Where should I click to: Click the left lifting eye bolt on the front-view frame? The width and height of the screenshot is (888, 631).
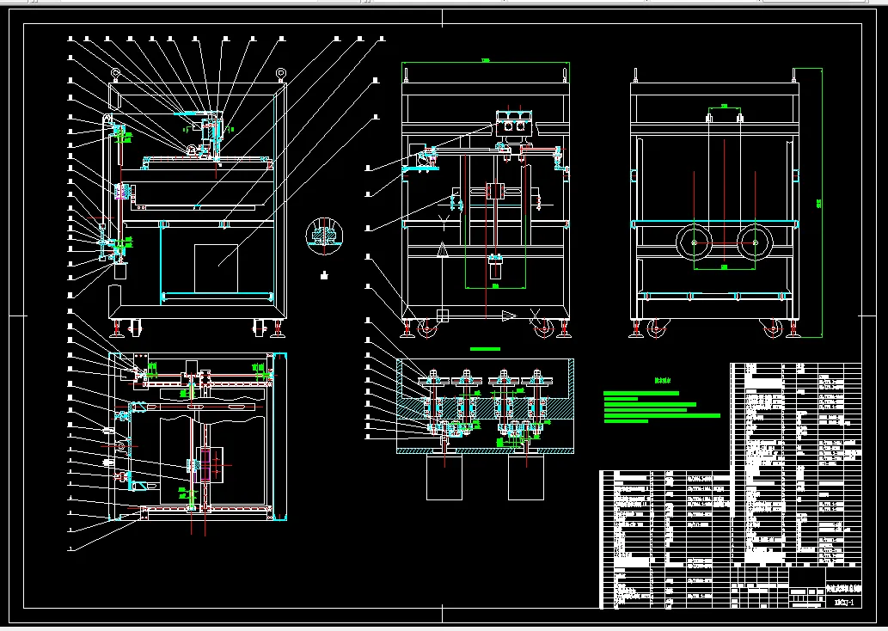click(115, 71)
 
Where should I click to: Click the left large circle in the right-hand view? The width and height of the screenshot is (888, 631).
click(695, 243)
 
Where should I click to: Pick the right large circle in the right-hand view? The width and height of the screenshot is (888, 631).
click(755, 243)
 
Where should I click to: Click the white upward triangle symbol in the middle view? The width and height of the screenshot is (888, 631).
click(443, 249)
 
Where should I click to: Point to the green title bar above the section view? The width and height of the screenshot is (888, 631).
click(486, 349)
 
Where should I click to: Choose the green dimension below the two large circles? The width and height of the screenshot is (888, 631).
click(725, 267)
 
